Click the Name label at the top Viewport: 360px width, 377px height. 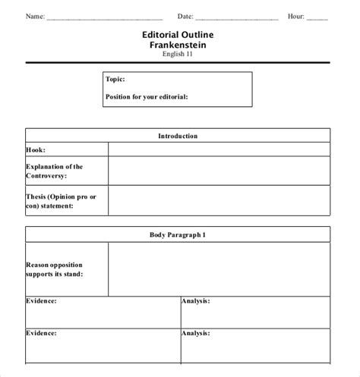(x=35, y=15)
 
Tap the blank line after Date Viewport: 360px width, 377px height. (x=238, y=17)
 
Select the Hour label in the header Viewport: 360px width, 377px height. (x=295, y=15)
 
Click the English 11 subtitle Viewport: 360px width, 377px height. (x=178, y=55)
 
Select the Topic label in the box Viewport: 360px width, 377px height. (x=116, y=79)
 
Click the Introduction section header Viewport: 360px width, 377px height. (x=178, y=136)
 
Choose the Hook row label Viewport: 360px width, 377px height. (x=35, y=150)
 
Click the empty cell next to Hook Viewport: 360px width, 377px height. (x=219, y=150)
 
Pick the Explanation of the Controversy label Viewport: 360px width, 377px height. (x=55, y=171)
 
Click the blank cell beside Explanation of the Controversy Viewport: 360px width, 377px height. (x=219, y=171)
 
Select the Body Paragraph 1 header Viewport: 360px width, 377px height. (x=178, y=235)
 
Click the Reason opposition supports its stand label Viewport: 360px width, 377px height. (x=55, y=269)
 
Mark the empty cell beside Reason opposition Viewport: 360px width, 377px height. (x=219, y=269)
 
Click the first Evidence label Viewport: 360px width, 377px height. (x=42, y=301)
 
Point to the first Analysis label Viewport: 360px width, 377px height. (x=196, y=301)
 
